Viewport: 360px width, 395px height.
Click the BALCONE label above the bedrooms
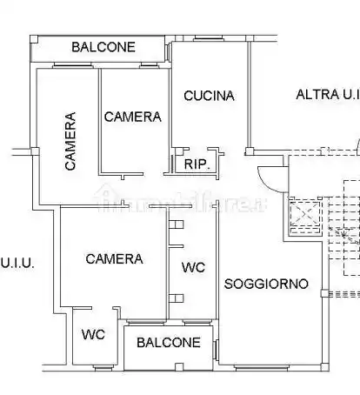(x=103, y=47)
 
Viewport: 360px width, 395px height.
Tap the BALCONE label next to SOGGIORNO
(x=168, y=343)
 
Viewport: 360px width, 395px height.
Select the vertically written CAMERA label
(x=69, y=140)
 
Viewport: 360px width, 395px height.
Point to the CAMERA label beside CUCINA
(x=132, y=117)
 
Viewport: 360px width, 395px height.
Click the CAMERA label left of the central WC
(x=114, y=258)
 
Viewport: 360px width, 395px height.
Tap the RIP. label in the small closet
(x=194, y=163)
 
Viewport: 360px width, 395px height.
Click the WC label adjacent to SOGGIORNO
(x=193, y=268)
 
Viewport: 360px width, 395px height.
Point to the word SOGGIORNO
(x=266, y=284)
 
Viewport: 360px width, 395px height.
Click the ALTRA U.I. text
(x=327, y=95)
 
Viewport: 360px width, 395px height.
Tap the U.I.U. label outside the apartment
(x=17, y=261)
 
